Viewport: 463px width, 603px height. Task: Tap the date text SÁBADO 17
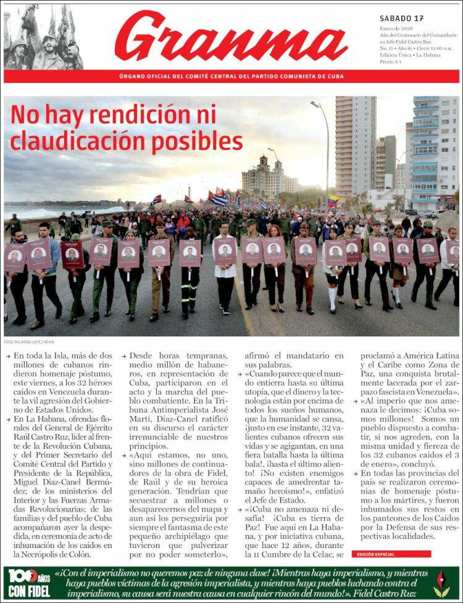point(401,18)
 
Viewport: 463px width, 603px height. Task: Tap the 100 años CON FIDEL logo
point(29,583)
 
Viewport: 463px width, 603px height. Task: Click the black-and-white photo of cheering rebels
point(43,37)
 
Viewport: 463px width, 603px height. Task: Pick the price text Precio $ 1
point(390,62)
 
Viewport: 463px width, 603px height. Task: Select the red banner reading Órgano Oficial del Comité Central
point(231,76)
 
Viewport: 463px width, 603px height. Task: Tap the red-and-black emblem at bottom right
point(441,583)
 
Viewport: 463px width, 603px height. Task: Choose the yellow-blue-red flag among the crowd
point(333,201)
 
